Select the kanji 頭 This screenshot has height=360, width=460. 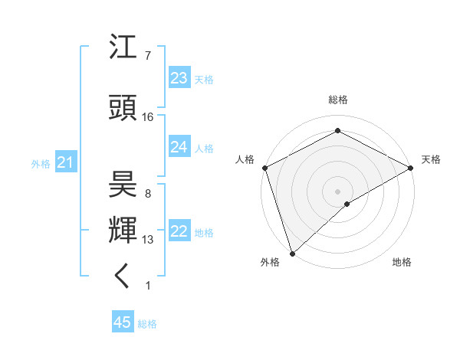[x=123, y=108]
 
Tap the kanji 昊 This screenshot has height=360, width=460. [x=123, y=184]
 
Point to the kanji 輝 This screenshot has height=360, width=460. [x=123, y=229]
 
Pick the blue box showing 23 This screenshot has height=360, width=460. [x=179, y=78]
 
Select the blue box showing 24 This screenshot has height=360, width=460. [x=179, y=147]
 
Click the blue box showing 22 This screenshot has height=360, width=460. [x=179, y=232]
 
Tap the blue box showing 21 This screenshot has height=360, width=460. [x=65, y=162]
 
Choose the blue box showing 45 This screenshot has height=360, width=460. [x=123, y=322]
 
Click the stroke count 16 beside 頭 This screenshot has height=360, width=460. [x=148, y=117]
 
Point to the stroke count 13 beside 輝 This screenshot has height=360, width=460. [x=148, y=240]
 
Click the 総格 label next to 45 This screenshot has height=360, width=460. [x=147, y=324]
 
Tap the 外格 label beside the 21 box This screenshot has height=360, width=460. [x=41, y=164]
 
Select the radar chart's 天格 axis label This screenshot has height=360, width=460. [x=431, y=159]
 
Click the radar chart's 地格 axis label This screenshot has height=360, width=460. [x=402, y=262]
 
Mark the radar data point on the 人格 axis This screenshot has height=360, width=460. [x=264, y=167]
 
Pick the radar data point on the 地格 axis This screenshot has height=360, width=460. [x=347, y=204]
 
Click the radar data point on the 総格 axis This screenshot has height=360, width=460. [x=337, y=131]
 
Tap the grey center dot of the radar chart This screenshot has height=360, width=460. [x=337, y=191]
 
